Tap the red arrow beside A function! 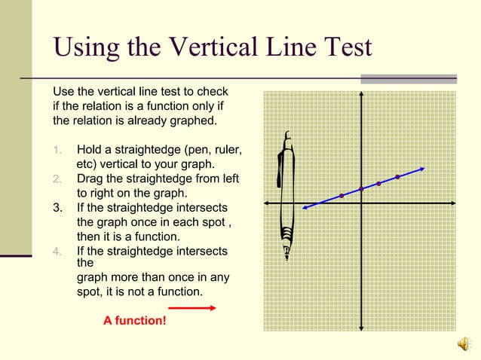click(x=192, y=307)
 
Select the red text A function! click(x=135, y=322)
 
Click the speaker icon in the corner click(x=464, y=343)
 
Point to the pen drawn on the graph click(x=286, y=196)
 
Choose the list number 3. click(x=58, y=207)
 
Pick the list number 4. click(x=57, y=251)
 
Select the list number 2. click(x=57, y=178)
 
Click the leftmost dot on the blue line click(x=342, y=196)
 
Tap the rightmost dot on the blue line click(x=397, y=177)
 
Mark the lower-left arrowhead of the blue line click(x=304, y=208)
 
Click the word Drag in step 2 click(x=92, y=178)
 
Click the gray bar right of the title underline click(x=408, y=78)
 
